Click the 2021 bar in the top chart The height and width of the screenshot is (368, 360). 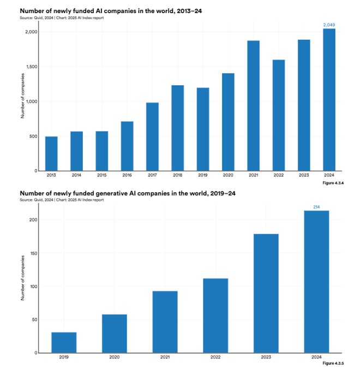[253, 105]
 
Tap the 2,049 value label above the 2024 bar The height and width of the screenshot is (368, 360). [328, 25]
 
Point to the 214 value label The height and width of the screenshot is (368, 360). [316, 207]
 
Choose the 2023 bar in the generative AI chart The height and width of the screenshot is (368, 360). [266, 293]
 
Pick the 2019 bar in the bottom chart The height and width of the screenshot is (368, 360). [64, 342]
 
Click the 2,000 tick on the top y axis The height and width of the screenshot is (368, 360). [31, 32]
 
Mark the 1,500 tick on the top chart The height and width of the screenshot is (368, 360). [31, 67]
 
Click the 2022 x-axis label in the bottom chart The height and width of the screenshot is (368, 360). [215, 357]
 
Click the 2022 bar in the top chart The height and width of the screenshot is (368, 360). [278, 115]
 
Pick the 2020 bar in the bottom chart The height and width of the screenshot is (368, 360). [115, 334]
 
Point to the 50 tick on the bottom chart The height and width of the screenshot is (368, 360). [34, 319]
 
